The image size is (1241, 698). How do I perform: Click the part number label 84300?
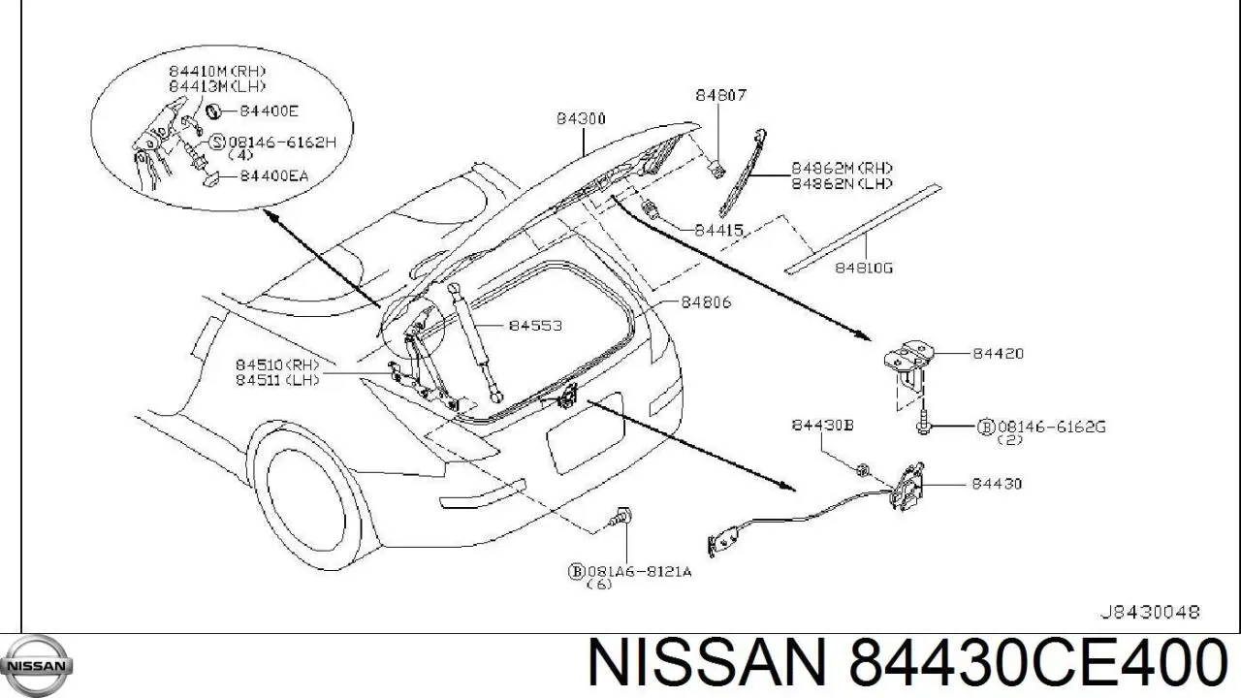pyautogui.click(x=581, y=118)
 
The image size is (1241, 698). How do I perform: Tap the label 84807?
pyautogui.click(x=720, y=95)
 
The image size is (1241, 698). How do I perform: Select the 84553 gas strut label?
pyautogui.click(x=535, y=326)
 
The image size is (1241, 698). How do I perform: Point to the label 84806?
pyautogui.click(x=706, y=301)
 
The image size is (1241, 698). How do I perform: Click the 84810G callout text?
pyautogui.click(x=864, y=269)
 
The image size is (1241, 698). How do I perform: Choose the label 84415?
pyautogui.click(x=718, y=230)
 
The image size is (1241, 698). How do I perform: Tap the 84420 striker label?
pyautogui.click(x=999, y=353)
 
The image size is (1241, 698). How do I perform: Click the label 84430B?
pyautogui.click(x=822, y=425)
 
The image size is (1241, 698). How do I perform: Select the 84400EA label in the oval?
pyautogui.click(x=273, y=176)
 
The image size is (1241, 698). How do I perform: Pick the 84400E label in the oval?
pyautogui.click(x=269, y=111)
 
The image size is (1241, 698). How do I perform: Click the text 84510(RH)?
pyautogui.click(x=277, y=365)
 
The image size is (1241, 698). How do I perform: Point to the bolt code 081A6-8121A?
pyautogui.click(x=639, y=571)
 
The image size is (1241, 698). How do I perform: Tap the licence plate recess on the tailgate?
pyautogui.click(x=585, y=433)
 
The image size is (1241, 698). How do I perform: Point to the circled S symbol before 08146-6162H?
pyautogui.click(x=218, y=143)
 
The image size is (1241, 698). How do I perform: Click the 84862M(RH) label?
pyautogui.click(x=842, y=168)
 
